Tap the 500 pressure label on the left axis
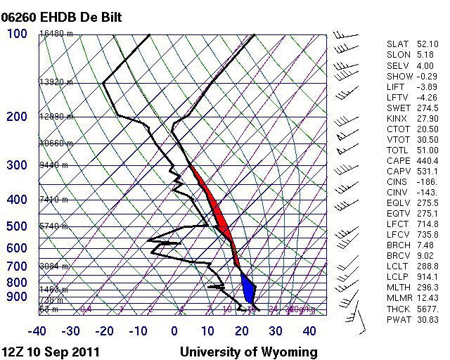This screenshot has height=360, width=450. (x=16, y=226)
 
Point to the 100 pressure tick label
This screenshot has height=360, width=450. (x=16, y=33)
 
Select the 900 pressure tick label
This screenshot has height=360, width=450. (x=16, y=297)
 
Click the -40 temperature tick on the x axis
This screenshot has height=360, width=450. (x=37, y=331)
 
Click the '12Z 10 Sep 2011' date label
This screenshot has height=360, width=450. (x=50, y=352)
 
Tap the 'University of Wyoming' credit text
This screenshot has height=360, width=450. (x=248, y=352)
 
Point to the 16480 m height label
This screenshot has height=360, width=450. (x=56, y=33)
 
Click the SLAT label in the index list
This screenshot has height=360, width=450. (x=397, y=44)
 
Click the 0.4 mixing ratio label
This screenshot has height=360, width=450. (x=86, y=308)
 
